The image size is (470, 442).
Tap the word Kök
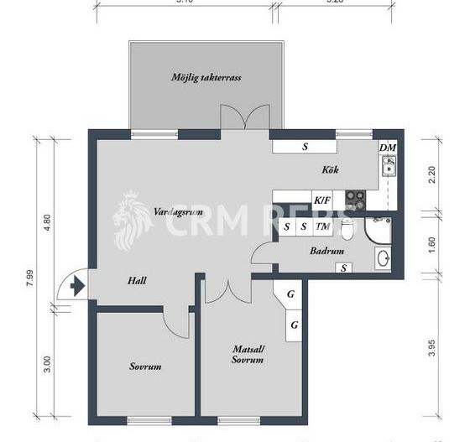pyautogui.click(x=330, y=170)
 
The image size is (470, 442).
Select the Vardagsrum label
pyautogui.click(x=175, y=212)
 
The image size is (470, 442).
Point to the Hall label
pyautogui.click(x=138, y=281)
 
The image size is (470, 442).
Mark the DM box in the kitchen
pyautogui.click(x=387, y=148)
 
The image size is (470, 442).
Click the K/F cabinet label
pyautogui.click(x=321, y=200)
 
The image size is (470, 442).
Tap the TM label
pyautogui.click(x=321, y=226)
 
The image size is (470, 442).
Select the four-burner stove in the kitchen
pyautogui.click(x=357, y=200)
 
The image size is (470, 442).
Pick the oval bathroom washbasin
pyautogui.click(x=382, y=257)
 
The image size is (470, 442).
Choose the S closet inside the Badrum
pyautogui.click(x=342, y=268)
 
